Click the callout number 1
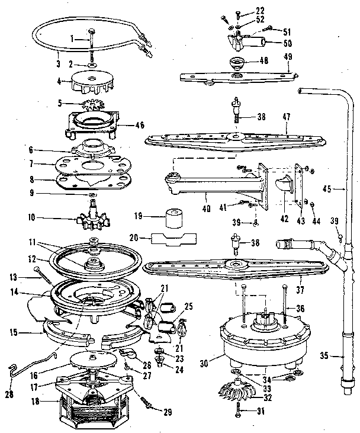pos(72,39)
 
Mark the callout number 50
pos(288,44)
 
